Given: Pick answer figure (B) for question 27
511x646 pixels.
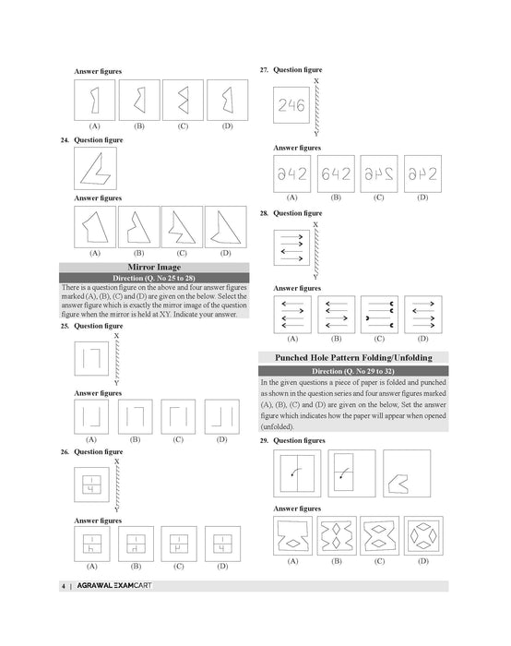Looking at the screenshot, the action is pos(336,173).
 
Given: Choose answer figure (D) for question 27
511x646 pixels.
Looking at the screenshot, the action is pos(422,173).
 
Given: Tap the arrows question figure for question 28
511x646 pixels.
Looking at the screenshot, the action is pos(291,246).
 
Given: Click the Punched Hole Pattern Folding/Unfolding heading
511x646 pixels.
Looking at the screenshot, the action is pos(353,357).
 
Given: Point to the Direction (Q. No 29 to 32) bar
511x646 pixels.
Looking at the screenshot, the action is pos(353,370).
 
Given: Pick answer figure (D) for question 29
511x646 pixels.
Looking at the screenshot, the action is pos(422,534).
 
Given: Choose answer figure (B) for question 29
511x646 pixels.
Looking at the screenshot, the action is pos(336,534).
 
